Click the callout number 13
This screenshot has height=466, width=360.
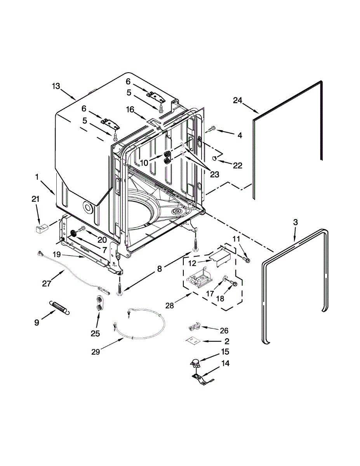tap(56, 86)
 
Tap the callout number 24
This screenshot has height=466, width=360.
tap(238, 101)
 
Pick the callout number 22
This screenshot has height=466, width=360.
tap(237, 165)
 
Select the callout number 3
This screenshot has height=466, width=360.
tap(295, 222)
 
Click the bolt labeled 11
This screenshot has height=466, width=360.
tap(246, 258)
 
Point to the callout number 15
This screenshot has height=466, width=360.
tap(225, 352)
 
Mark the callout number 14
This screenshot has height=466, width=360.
tap(225, 363)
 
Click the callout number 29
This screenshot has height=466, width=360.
tap(96, 351)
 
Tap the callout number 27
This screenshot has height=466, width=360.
tap(47, 283)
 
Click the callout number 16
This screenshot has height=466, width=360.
tap(130, 110)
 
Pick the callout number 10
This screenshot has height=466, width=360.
tap(144, 163)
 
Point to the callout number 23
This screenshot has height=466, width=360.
tap(214, 175)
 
